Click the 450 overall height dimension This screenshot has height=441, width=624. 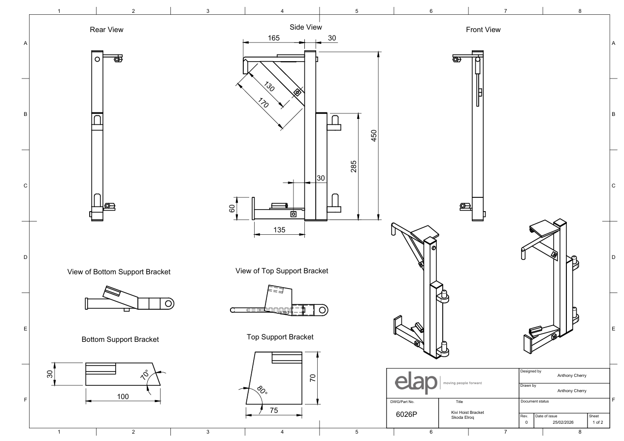[x=374, y=136]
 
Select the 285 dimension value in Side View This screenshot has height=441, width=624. [x=354, y=167]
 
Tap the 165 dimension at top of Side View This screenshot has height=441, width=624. [x=273, y=38]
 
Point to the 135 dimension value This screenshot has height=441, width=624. [x=279, y=230]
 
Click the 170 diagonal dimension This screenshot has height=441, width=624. [x=263, y=103]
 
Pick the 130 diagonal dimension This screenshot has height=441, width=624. [x=269, y=86]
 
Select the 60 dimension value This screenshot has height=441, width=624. [x=232, y=208]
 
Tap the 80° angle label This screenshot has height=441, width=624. [x=262, y=390]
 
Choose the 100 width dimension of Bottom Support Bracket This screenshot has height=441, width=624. [x=123, y=397]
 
